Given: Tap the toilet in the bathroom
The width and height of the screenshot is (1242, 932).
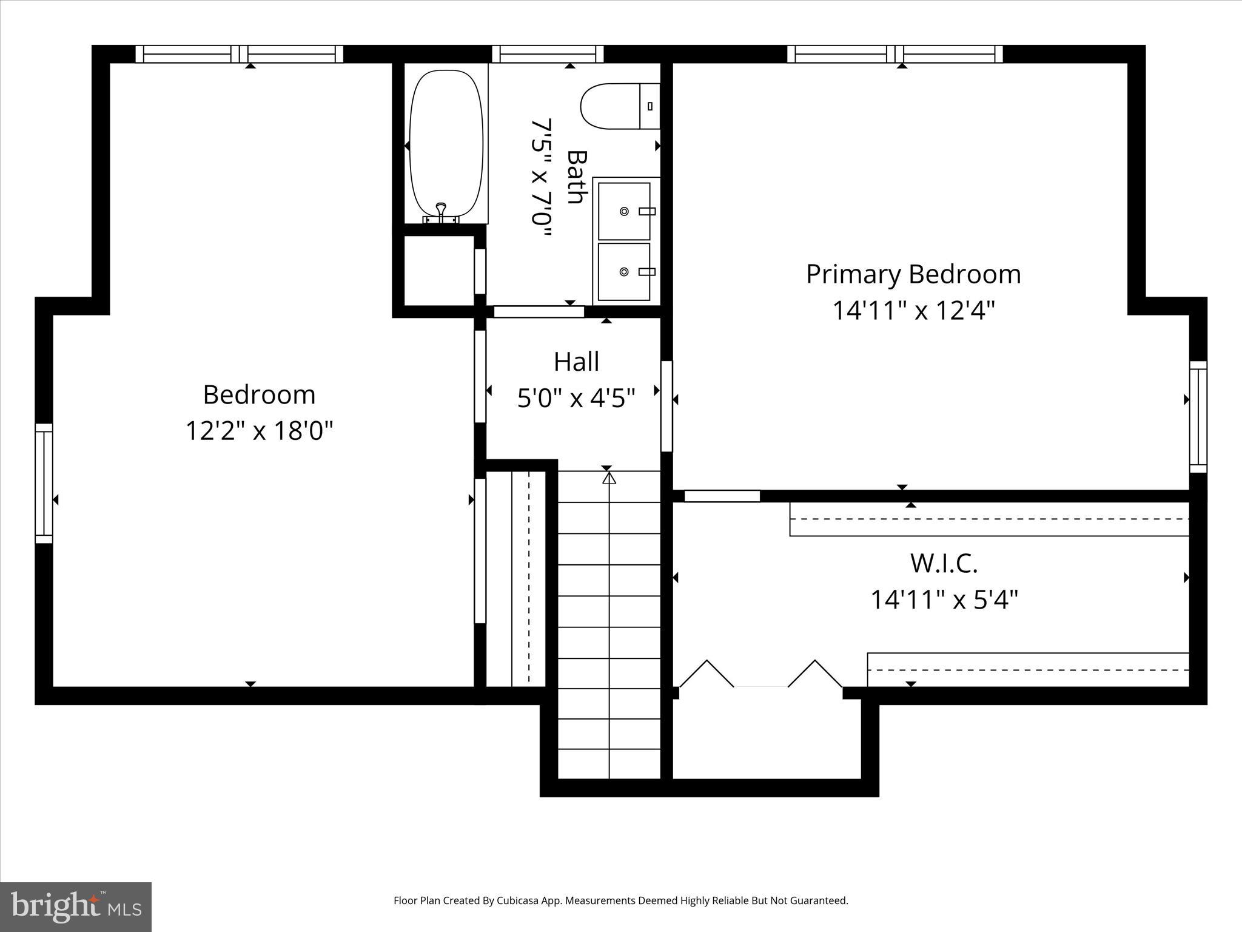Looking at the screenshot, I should point(619,106).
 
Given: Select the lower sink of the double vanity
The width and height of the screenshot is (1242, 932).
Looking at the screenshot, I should point(624,271).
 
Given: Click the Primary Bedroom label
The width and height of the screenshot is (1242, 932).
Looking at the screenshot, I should point(913,274).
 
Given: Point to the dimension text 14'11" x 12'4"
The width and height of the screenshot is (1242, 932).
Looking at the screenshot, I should point(913,311).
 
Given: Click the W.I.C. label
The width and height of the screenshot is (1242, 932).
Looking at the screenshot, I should point(944,563).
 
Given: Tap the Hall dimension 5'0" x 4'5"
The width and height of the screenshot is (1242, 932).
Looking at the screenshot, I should point(576,399).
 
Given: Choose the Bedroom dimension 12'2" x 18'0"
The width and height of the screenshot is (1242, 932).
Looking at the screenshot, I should point(259,431).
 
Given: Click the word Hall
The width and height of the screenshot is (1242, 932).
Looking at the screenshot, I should point(576,362).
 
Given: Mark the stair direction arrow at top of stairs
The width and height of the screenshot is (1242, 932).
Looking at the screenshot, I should point(609,478).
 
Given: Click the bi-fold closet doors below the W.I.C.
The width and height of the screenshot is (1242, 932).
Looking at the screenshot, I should point(760,675).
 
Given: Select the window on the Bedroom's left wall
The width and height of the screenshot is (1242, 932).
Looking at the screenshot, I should point(44,483).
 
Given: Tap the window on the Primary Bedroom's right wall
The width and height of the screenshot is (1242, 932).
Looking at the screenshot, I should point(1198,416).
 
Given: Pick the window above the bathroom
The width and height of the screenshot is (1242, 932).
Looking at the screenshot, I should point(548,54).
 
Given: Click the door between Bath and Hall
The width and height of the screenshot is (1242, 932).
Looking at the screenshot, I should point(539,311).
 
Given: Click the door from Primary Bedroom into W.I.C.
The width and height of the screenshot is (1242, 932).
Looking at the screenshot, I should point(722,496).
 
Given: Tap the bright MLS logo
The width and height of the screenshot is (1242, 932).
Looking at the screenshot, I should point(76,907).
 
